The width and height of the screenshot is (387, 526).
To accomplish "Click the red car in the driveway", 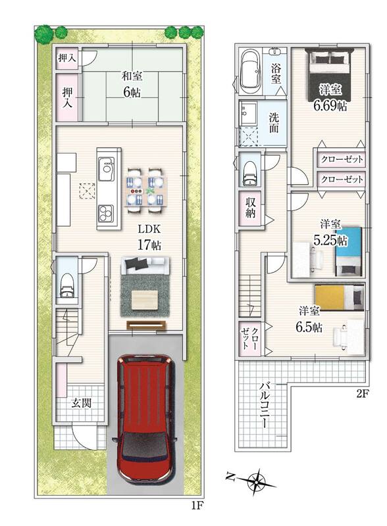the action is [145, 419].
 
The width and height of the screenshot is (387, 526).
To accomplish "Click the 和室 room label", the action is [132, 76].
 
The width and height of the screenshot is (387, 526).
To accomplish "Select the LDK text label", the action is [149, 229].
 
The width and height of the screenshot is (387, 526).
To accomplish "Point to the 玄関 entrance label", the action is [82, 403].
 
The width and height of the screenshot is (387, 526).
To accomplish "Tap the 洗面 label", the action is [274, 122].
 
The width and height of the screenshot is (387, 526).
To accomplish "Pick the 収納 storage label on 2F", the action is [251, 208].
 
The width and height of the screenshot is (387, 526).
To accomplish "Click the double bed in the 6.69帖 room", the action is [329, 74].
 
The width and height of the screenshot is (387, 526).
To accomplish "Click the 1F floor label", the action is [197, 505].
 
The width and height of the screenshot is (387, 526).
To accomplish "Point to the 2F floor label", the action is [363, 394].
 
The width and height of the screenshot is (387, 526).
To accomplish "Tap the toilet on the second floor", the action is [249, 172].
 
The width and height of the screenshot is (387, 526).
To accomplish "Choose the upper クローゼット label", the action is [342, 158].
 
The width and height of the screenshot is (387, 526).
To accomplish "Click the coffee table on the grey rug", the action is [145, 300].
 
